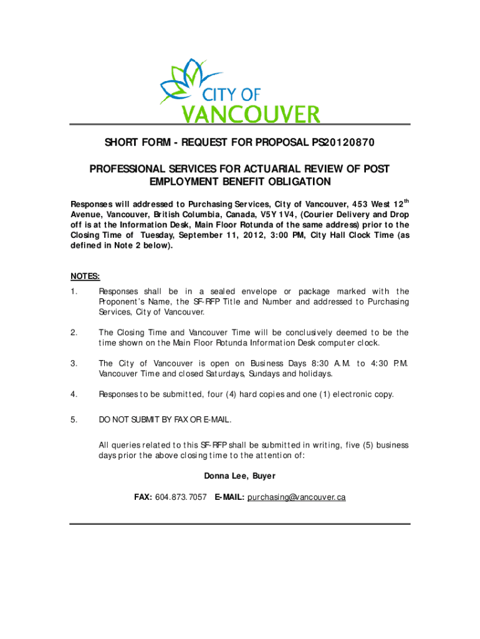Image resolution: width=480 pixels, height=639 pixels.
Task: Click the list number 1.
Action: coord(74,291)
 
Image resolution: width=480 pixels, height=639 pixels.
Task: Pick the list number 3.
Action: coord(74,363)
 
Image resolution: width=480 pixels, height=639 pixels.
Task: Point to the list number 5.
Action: coord(74,419)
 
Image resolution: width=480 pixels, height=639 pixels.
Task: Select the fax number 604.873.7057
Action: coord(181,497)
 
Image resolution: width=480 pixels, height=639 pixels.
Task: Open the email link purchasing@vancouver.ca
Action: coord(296,497)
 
